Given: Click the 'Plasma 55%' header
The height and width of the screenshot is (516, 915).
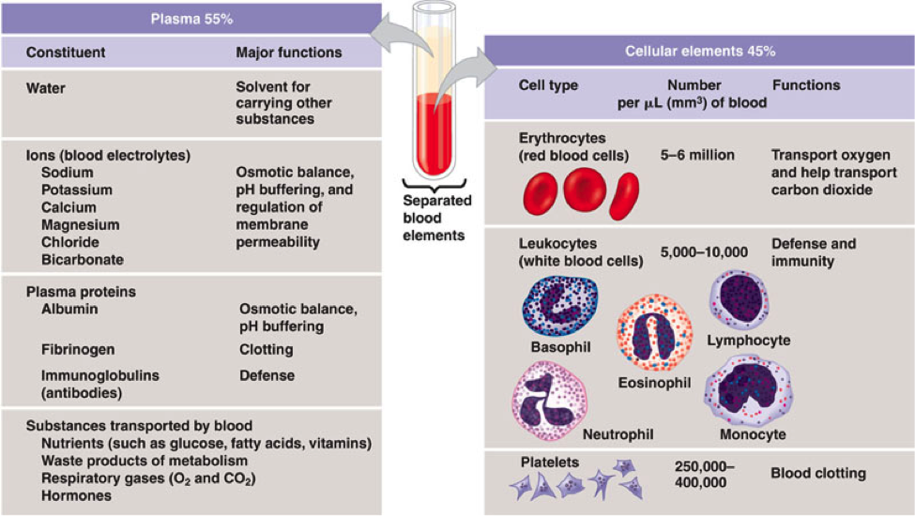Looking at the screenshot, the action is click(x=191, y=19).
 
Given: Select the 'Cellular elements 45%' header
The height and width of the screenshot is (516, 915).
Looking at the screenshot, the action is click(x=700, y=52).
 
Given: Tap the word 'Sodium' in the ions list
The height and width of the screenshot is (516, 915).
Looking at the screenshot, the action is click(x=68, y=173).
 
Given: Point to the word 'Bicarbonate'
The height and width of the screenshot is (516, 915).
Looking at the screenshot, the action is click(x=83, y=260).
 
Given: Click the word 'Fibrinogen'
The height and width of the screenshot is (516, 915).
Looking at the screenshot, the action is click(x=78, y=350).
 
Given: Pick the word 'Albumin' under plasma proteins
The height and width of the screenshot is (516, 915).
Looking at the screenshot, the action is click(x=69, y=309).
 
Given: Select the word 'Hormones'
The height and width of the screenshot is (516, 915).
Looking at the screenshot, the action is click(x=76, y=495).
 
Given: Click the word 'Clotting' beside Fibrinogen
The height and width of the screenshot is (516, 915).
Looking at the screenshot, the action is click(x=267, y=350).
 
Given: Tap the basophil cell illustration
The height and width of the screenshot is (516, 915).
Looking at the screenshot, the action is click(x=560, y=306).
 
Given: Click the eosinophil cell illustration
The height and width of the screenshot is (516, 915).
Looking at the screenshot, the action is click(x=655, y=333).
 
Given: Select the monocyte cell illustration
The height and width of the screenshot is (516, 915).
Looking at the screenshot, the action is click(x=749, y=389).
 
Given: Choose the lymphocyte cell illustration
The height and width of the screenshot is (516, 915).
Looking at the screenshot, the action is click(x=739, y=299).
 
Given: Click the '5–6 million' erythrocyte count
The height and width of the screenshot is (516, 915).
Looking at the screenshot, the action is click(x=697, y=155).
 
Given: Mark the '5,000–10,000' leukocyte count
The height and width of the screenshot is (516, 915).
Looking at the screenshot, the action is click(x=704, y=252).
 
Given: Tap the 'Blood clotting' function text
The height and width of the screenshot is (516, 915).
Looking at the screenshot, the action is click(x=818, y=474).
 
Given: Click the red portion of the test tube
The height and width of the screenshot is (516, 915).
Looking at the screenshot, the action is click(x=435, y=134).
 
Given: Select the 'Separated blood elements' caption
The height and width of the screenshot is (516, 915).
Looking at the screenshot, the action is click(x=437, y=218).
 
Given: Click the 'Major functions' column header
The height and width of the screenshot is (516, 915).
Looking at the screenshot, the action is click(x=289, y=53).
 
